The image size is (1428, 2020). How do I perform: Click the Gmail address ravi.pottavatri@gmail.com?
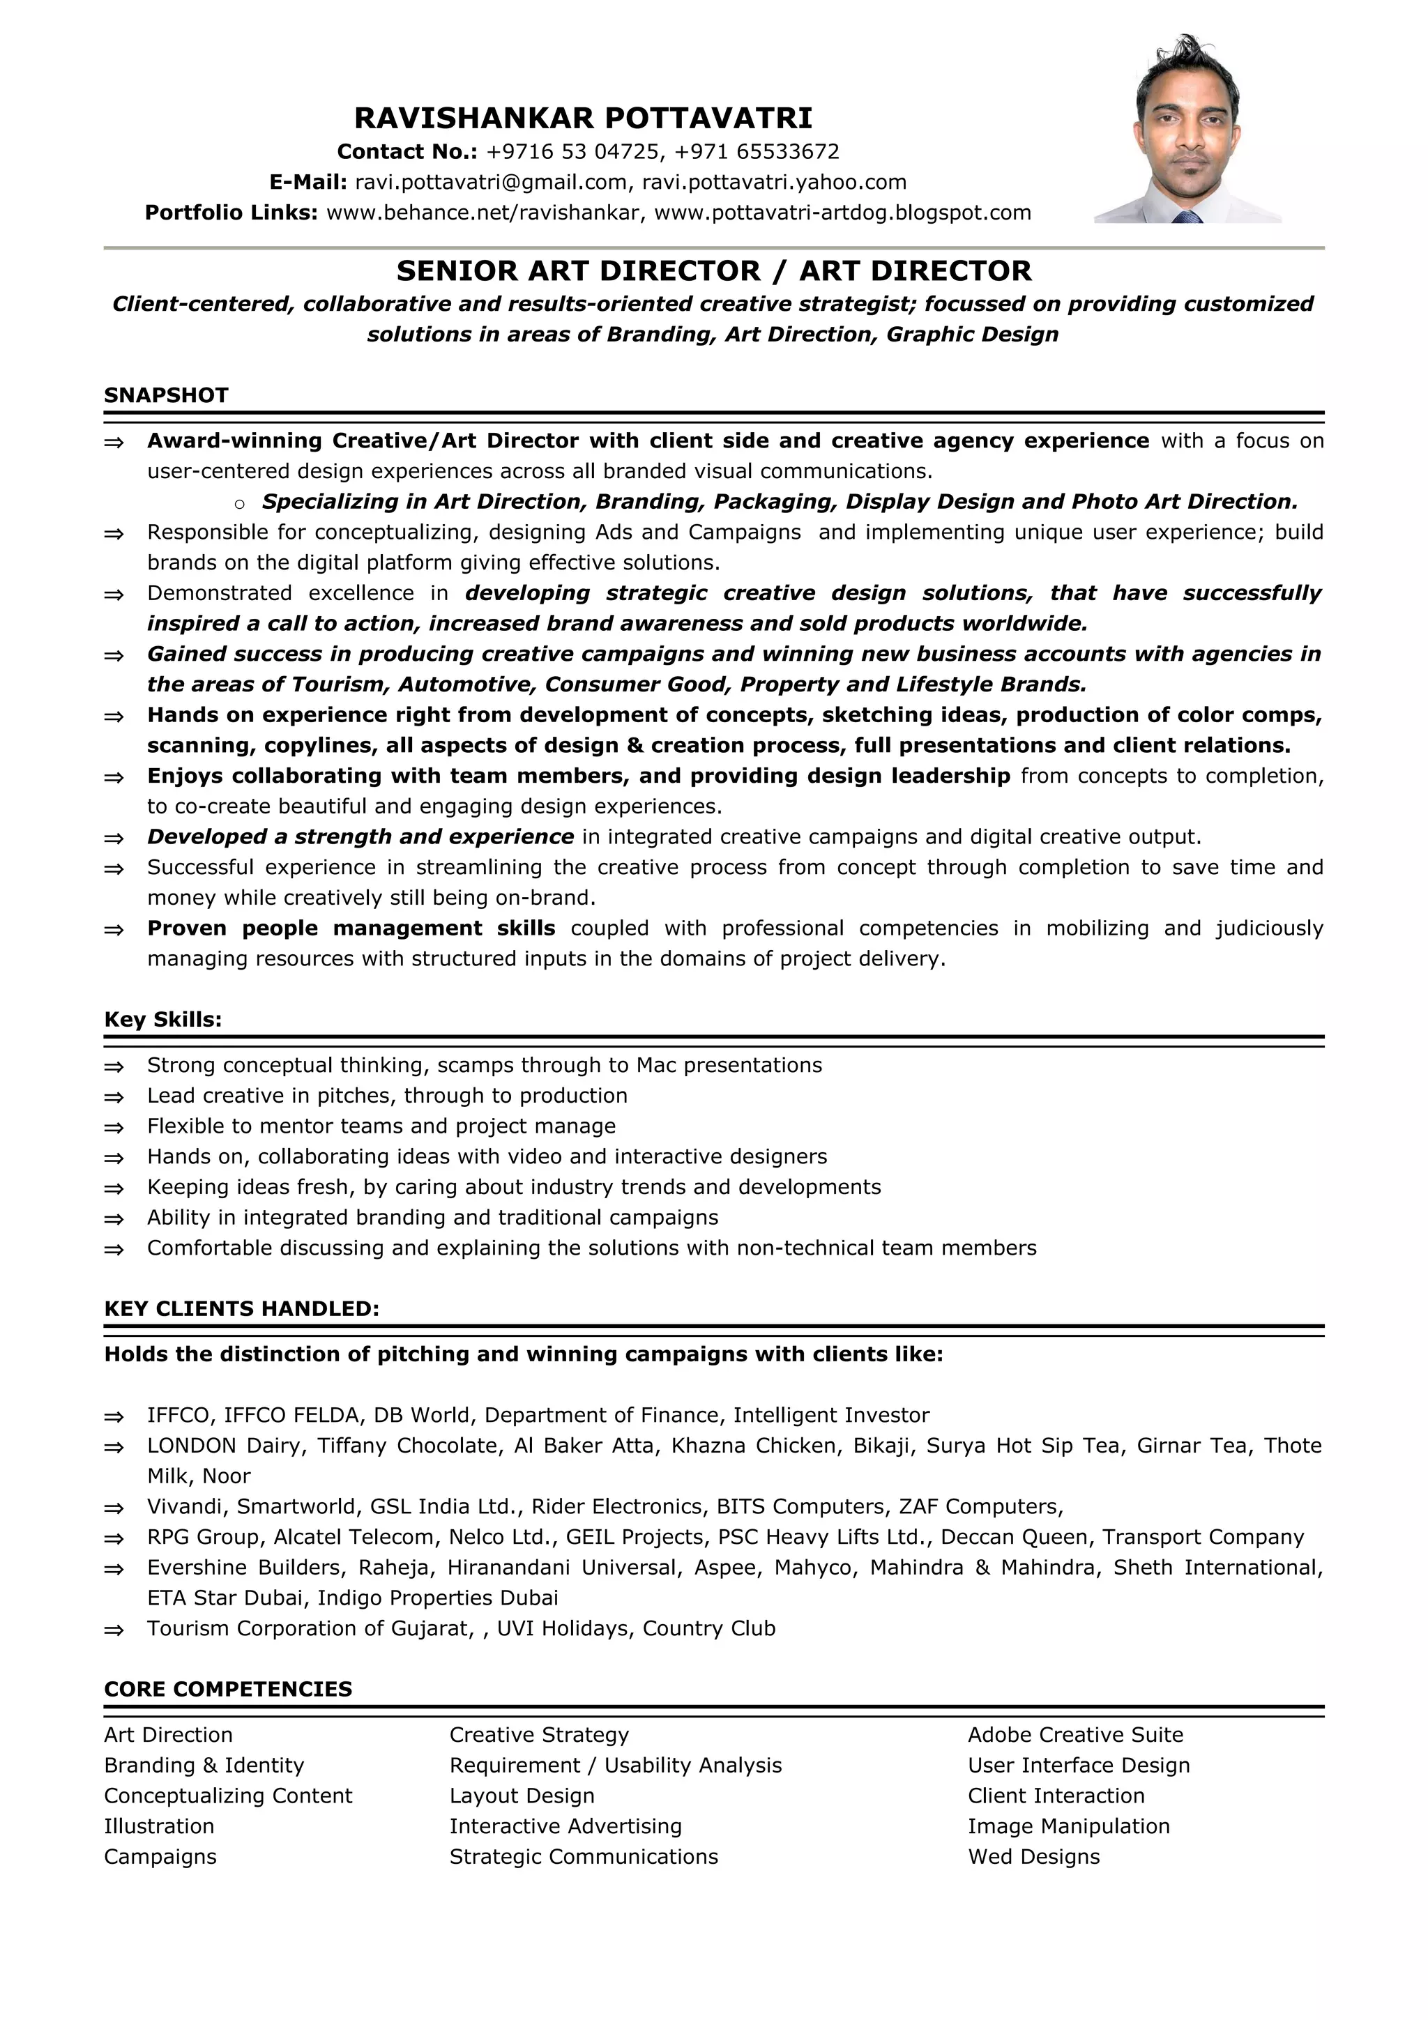coord(490,182)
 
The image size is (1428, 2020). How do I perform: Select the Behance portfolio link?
coord(482,213)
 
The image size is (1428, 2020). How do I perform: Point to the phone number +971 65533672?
coord(757,152)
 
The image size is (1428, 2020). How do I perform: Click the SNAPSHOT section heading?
coord(166,396)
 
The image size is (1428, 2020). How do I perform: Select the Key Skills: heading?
coord(162,1020)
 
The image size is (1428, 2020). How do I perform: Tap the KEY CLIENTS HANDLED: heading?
coord(242,1309)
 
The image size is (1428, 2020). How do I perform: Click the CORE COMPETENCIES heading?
coord(228,1689)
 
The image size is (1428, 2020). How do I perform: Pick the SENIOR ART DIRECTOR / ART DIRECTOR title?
coord(713,271)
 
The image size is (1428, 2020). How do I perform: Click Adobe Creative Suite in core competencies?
coord(1075,1735)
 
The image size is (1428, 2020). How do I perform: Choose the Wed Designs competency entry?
coord(1034,1856)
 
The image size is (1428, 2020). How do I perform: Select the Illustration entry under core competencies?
coord(159,1826)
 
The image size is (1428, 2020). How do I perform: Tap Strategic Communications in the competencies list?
coord(584,1856)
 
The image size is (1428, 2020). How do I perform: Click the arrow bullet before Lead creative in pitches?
coord(114,1097)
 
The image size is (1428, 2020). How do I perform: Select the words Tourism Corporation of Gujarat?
coord(309,1628)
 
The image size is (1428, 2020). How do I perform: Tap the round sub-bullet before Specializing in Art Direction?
coord(239,504)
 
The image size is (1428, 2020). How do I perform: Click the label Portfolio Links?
coord(231,213)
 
